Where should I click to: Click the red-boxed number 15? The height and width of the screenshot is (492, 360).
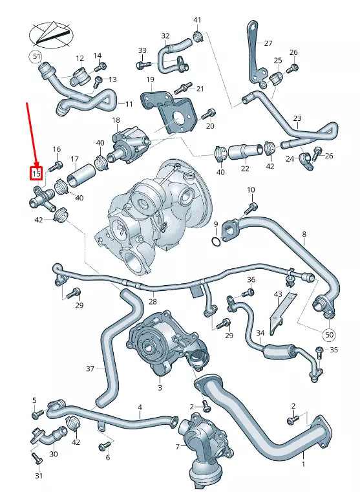tap(36, 173)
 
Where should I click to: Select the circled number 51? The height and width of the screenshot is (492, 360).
tap(36, 57)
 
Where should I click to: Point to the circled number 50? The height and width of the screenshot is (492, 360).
tap(329, 335)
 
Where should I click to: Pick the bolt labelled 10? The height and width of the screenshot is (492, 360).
tap(251, 208)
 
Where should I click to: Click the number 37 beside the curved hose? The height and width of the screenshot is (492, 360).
tap(90, 369)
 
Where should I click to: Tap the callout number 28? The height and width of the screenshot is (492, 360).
tap(153, 302)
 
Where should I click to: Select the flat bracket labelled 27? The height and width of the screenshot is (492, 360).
tap(253, 52)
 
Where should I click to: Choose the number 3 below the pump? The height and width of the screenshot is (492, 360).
tap(160, 388)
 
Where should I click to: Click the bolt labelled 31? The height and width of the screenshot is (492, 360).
tap(36, 460)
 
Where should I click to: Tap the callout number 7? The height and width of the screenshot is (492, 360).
tap(178, 447)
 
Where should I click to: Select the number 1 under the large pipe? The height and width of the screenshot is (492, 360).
tap(303, 464)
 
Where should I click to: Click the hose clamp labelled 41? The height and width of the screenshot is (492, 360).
tap(198, 36)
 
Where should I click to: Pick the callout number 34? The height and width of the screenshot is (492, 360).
tap(260, 334)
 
